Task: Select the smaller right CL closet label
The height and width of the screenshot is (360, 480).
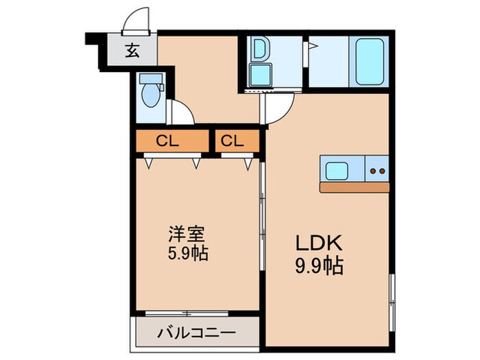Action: point(232,142)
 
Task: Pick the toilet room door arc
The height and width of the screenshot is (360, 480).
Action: point(181,112)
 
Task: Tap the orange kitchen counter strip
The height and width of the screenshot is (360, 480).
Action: point(355,187)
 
